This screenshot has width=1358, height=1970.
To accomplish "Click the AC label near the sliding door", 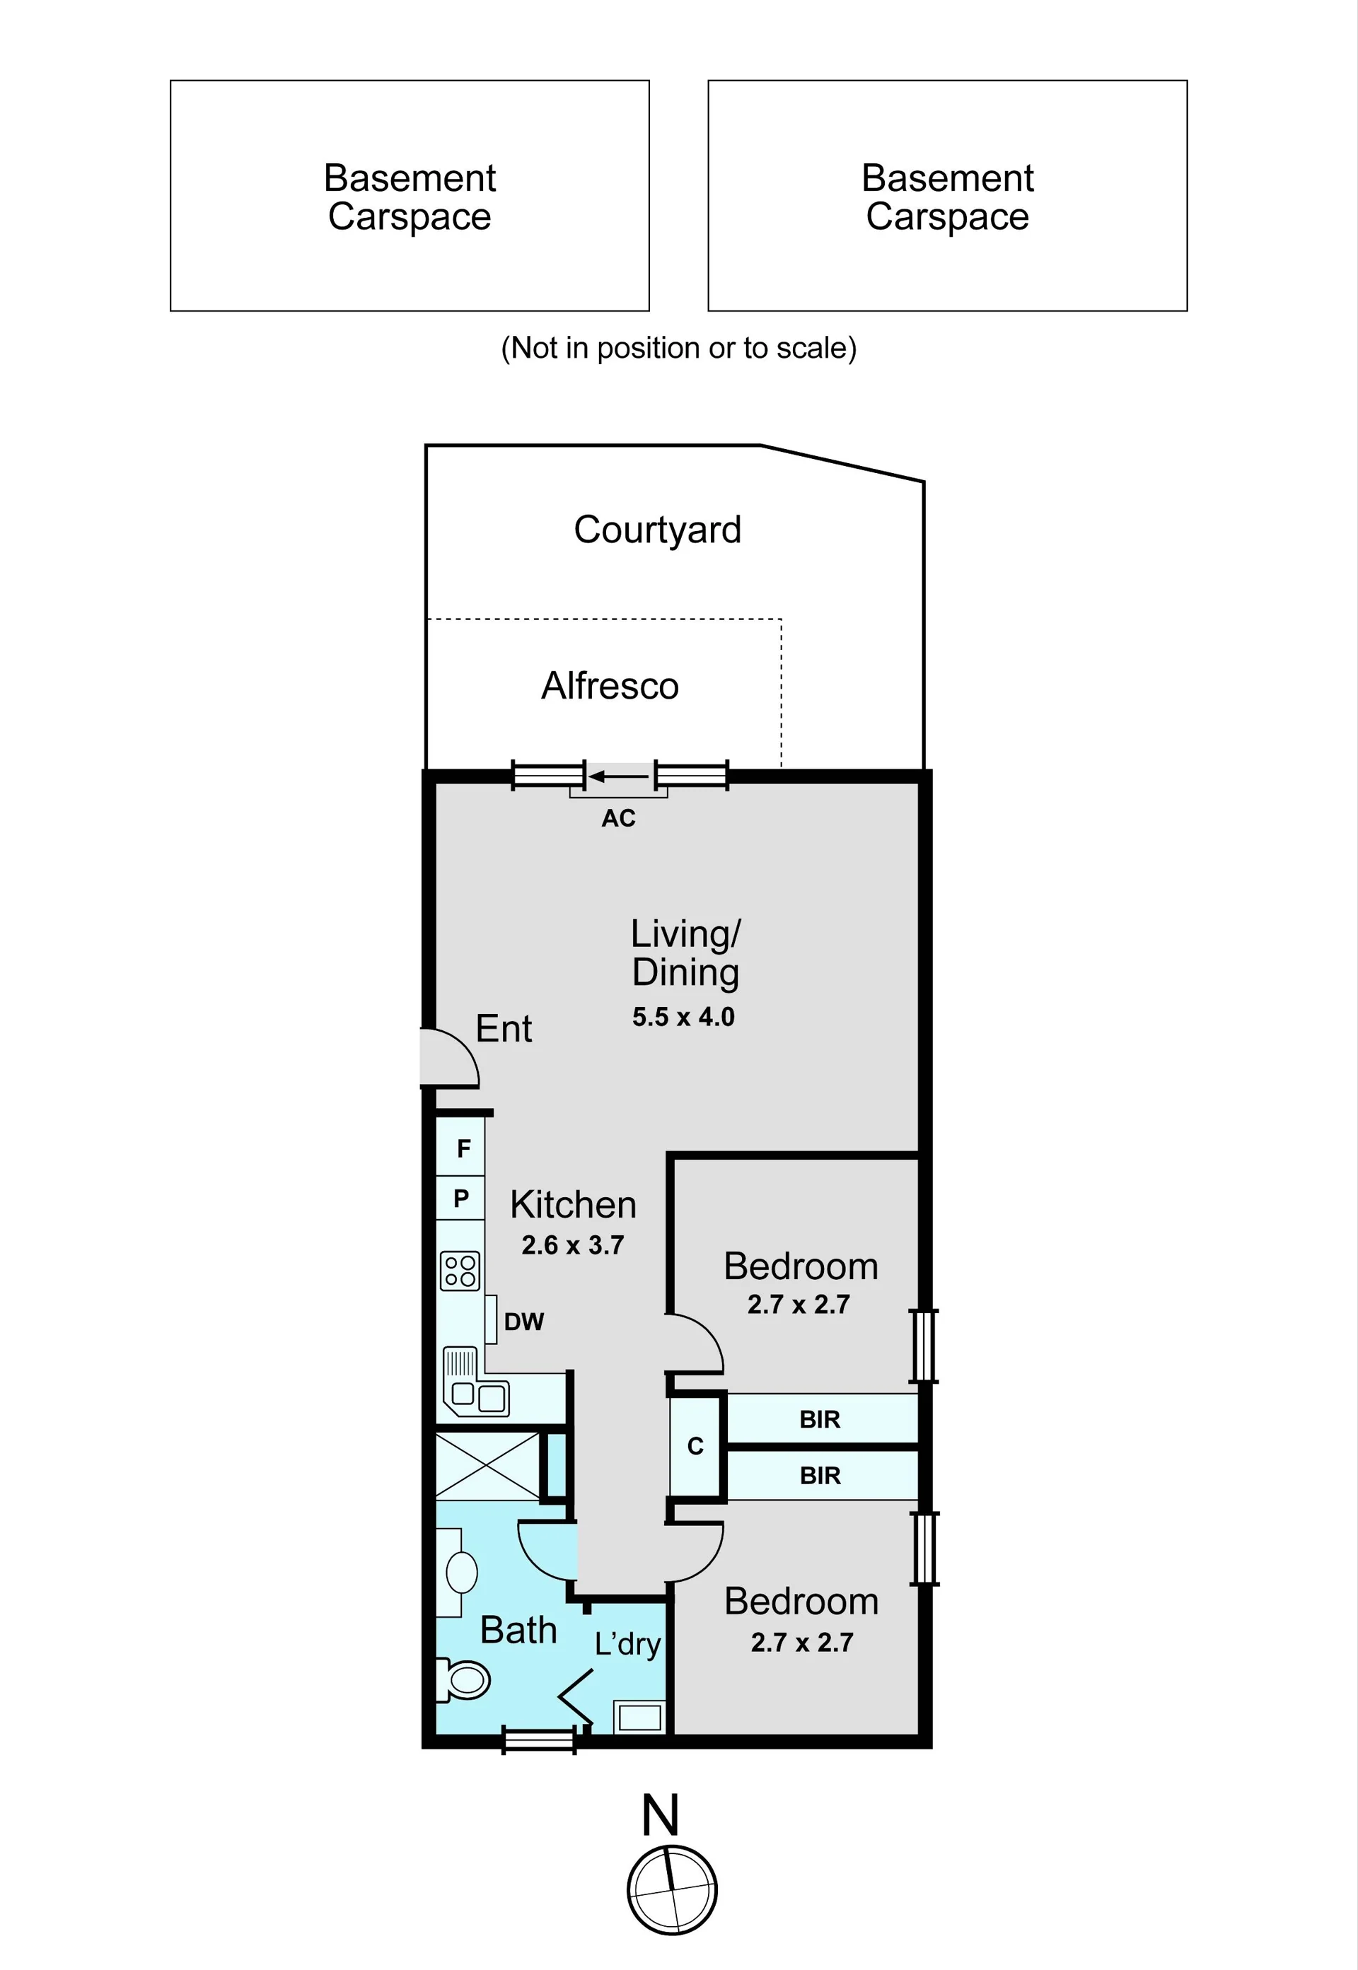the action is point(619,818).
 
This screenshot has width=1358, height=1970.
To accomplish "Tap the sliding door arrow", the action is point(619,776).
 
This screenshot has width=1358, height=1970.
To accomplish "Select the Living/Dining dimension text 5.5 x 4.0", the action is point(683,1017).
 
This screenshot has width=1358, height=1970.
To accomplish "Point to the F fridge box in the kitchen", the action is point(461,1148).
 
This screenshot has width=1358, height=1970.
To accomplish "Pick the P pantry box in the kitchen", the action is point(461,1199).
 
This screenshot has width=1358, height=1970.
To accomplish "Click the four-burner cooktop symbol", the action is point(460,1271).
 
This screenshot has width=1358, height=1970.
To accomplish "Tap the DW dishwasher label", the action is point(524,1322).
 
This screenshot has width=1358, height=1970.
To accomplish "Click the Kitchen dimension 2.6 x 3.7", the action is point(573,1245).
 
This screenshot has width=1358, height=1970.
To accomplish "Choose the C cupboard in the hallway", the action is point(696,1446).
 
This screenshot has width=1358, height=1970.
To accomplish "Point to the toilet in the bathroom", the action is point(464,1680).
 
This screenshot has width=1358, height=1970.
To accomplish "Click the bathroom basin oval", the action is point(462,1572).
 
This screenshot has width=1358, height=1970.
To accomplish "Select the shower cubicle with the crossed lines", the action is point(487,1466).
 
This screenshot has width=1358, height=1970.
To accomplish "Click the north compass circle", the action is point(672,1890).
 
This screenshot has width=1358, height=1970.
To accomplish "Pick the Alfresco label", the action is point(610,686).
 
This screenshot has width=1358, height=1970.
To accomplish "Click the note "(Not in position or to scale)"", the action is point(679,348).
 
